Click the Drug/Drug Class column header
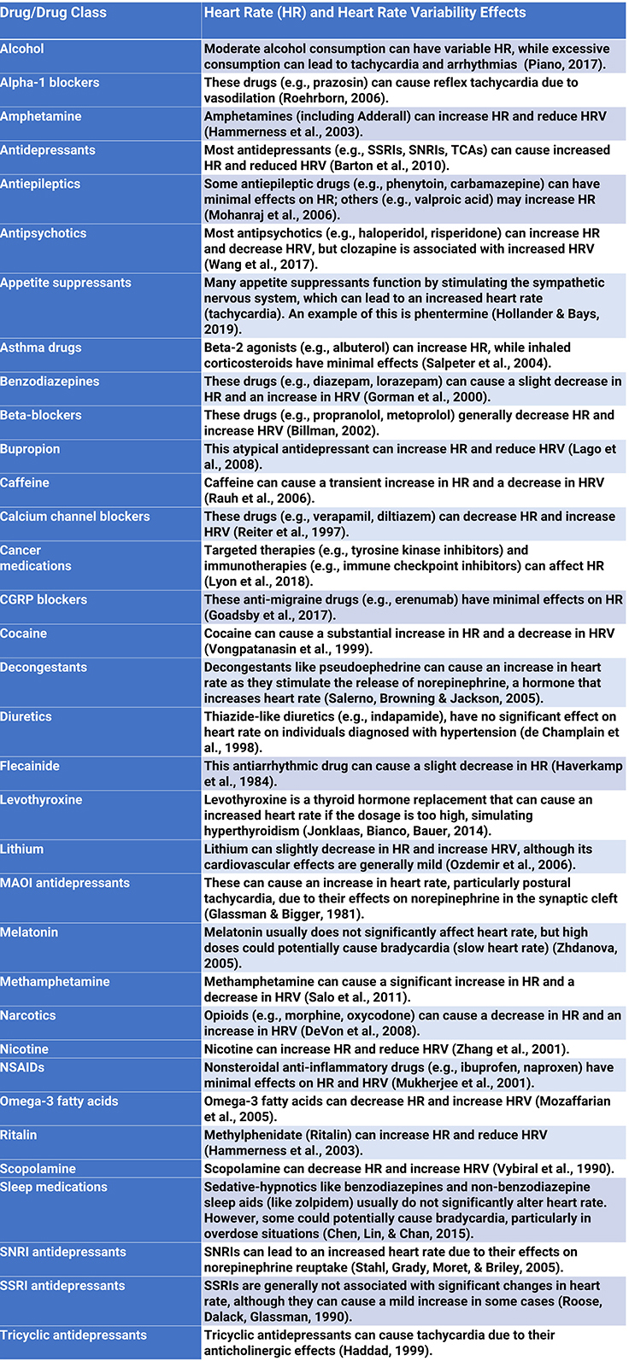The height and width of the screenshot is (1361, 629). pyautogui.click(x=54, y=13)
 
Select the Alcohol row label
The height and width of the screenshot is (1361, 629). pyautogui.click(x=22, y=49)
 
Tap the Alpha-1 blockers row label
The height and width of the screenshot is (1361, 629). pyautogui.click(x=50, y=83)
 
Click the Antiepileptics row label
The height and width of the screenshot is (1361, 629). pyautogui.click(x=40, y=184)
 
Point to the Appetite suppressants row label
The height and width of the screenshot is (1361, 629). pyautogui.click(x=66, y=283)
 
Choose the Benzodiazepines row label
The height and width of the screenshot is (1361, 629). pyautogui.click(x=50, y=382)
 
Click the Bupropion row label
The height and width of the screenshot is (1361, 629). pyautogui.click(x=31, y=449)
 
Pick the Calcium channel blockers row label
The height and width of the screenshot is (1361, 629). pyautogui.click(x=75, y=517)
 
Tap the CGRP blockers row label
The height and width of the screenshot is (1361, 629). pyautogui.click(x=44, y=599)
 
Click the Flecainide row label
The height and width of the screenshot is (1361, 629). pyautogui.click(x=30, y=766)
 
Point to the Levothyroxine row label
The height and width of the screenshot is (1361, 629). pyautogui.click(x=41, y=800)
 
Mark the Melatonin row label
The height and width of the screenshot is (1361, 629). pyautogui.click(x=29, y=932)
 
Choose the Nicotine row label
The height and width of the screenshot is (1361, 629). pyautogui.click(x=25, y=1049)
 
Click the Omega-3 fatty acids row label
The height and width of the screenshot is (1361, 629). pyautogui.click(x=59, y=1101)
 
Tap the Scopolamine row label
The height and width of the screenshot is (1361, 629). pyautogui.click(x=38, y=1169)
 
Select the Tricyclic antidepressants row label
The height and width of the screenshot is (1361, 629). pyautogui.click(x=73, y=1335)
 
